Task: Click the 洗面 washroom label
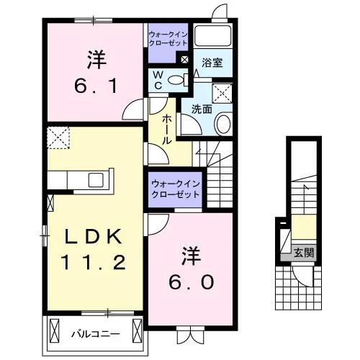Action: click(202, 109)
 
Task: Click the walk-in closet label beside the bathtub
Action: click(168, 39)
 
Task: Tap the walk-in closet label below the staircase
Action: click(176, 189)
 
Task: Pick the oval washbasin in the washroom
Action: click(223, 124)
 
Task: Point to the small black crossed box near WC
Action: click(186, 60)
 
